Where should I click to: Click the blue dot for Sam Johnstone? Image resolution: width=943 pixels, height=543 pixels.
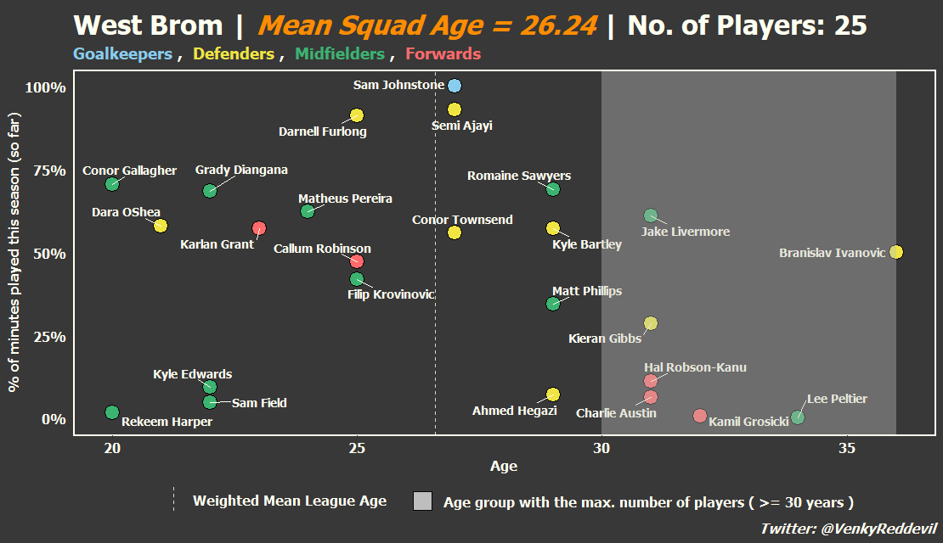[455, 86]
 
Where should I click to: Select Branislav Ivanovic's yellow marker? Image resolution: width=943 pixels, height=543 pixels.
[896, 252]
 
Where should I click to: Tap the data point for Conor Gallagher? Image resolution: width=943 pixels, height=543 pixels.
[112, 184]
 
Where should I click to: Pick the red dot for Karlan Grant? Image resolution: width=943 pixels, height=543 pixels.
[258, 228]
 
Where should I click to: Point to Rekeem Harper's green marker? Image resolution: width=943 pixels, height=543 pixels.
[112, 412]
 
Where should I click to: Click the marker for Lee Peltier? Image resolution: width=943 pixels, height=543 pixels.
[798, 417]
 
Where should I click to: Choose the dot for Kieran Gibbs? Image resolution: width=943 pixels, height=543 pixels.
[651, 323]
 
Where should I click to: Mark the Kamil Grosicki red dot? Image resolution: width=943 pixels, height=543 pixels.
[699, 416]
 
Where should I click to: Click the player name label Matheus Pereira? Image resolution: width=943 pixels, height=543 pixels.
[345, 199]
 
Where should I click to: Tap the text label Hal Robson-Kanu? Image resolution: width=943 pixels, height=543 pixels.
[695, 367]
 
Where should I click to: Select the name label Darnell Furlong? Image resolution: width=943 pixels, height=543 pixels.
[322, 132]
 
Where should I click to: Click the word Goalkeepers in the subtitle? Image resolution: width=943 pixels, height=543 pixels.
[122, 54]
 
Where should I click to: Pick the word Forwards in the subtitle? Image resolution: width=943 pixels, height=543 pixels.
[443, 54]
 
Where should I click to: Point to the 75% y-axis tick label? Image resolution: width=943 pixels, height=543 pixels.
[49, 171]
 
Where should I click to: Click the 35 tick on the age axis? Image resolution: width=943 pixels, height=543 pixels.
[847, 448]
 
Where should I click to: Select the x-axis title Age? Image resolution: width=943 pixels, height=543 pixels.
[504, 466]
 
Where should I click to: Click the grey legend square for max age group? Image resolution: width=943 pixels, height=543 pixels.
[423, 501]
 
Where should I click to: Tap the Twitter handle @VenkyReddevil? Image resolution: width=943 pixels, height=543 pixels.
[878, 529]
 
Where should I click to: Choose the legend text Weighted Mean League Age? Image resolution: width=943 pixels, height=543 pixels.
[290, 501]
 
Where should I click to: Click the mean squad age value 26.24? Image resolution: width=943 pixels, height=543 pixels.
[559, 25]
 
